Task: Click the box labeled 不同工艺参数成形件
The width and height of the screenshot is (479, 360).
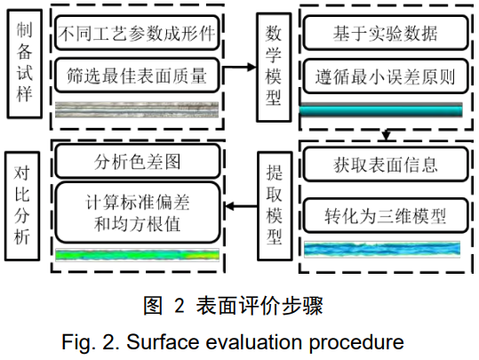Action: (x=137, y=33)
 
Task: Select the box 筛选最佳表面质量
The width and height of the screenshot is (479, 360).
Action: (x=137, y=76)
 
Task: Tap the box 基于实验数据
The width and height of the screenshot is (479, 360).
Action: (x=386, y=33)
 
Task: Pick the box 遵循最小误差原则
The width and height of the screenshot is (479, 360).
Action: (x=386, y=76)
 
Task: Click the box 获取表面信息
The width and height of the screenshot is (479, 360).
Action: (x=386, y=164)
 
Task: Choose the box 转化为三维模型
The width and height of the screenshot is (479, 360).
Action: (x=386, y=215)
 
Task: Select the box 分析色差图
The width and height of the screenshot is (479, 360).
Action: (x=137, y=161)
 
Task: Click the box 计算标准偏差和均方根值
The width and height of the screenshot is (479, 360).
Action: (x=137, y=212)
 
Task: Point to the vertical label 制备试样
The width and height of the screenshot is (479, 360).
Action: (x=25, y=64)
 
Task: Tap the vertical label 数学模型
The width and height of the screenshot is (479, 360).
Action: (x=274, y=68)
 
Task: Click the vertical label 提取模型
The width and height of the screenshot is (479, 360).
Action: (x=275, y=206)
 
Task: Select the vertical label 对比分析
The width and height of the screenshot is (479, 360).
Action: (x=22, y=206)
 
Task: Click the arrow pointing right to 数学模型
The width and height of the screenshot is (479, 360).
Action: (x=240, y=67)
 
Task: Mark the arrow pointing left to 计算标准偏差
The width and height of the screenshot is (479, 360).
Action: (x=241, y=206)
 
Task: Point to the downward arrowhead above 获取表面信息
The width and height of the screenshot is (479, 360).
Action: (x=386, y=135)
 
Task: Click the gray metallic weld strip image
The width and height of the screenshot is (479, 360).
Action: (x=137, y=109)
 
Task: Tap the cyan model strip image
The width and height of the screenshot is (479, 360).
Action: (x=380, y=110)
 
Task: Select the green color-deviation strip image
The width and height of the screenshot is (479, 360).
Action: (x=137, y=255)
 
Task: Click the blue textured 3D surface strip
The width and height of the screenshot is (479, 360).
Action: (x=382, y=250)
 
